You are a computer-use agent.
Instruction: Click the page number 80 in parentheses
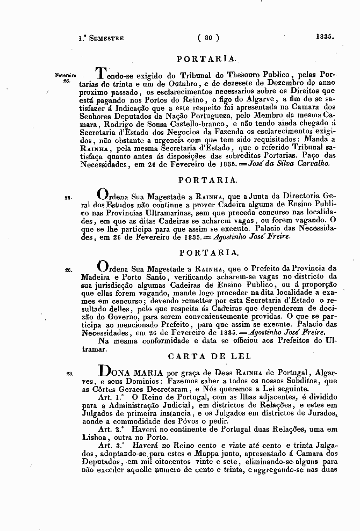[208, 38]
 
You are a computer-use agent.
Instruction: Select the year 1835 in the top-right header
[324, 38]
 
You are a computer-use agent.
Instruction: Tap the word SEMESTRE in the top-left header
[106, 38]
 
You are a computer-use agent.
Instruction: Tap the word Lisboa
[95, 438]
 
